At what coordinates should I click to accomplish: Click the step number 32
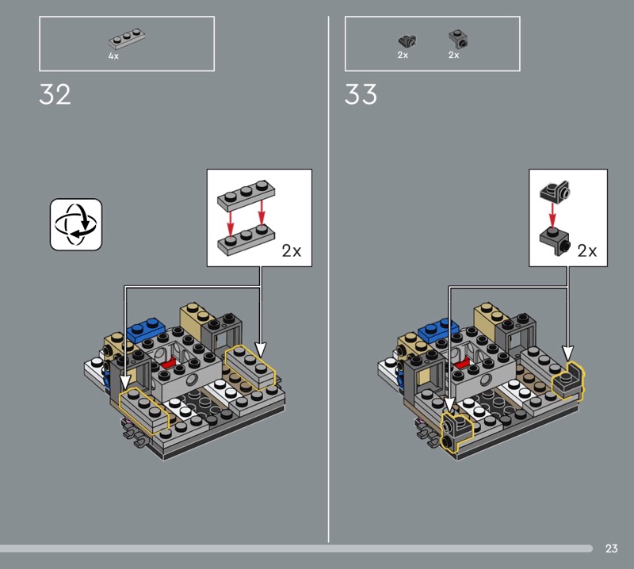tap(55, 94)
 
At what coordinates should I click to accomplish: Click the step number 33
tap(361, 94)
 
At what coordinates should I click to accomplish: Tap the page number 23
tap(611, 548)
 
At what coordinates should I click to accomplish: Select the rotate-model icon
tap(76, 224)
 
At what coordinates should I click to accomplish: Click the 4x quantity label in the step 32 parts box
tap(113, 56)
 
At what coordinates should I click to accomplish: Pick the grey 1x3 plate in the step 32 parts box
tap(127, 39)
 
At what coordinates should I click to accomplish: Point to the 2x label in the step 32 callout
tap(292, 250)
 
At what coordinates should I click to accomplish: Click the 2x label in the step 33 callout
tap(587, 250)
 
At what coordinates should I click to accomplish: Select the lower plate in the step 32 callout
tap(246, 240)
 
